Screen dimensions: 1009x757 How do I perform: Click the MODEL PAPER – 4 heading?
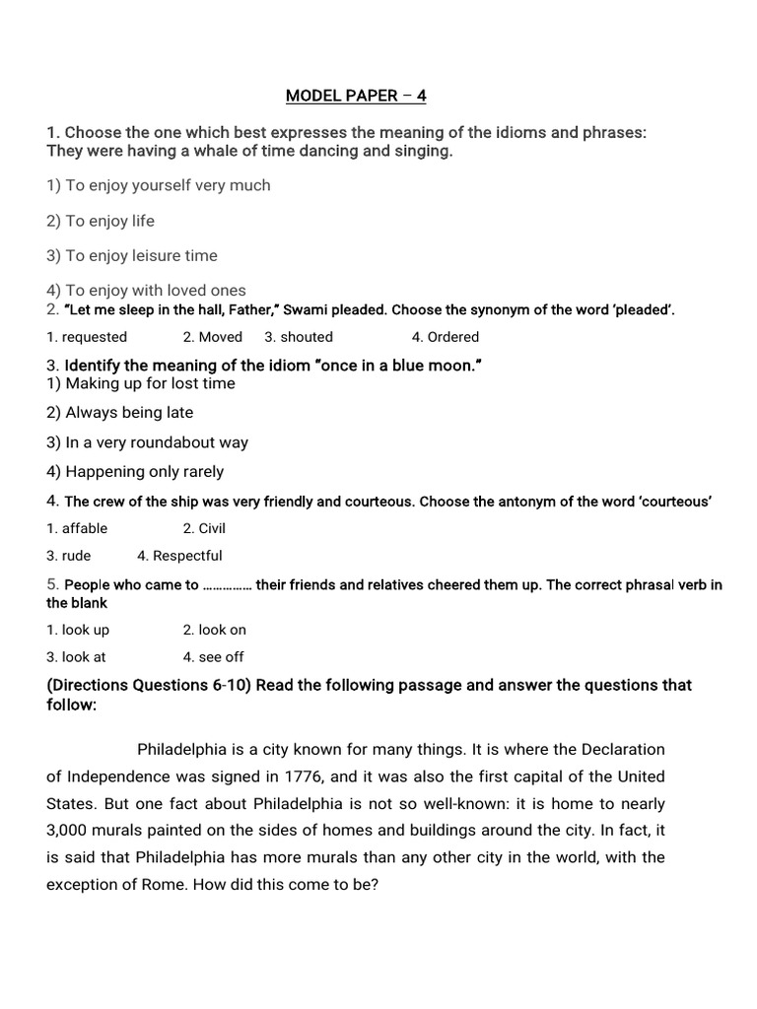356,96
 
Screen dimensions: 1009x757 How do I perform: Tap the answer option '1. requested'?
87,337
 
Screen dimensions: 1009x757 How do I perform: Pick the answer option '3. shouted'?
299,337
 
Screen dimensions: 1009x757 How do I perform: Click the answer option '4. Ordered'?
446,337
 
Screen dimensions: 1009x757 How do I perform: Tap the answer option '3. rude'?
68,556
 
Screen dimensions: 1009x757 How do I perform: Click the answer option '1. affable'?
77,528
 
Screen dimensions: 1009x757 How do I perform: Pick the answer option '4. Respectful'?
180,556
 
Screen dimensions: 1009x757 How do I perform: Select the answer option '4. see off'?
213,657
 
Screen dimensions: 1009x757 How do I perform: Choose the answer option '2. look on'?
215,630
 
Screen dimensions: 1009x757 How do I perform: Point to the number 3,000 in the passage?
69,831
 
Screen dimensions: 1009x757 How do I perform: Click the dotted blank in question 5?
228,585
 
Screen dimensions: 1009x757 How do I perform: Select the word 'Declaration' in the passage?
622,750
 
